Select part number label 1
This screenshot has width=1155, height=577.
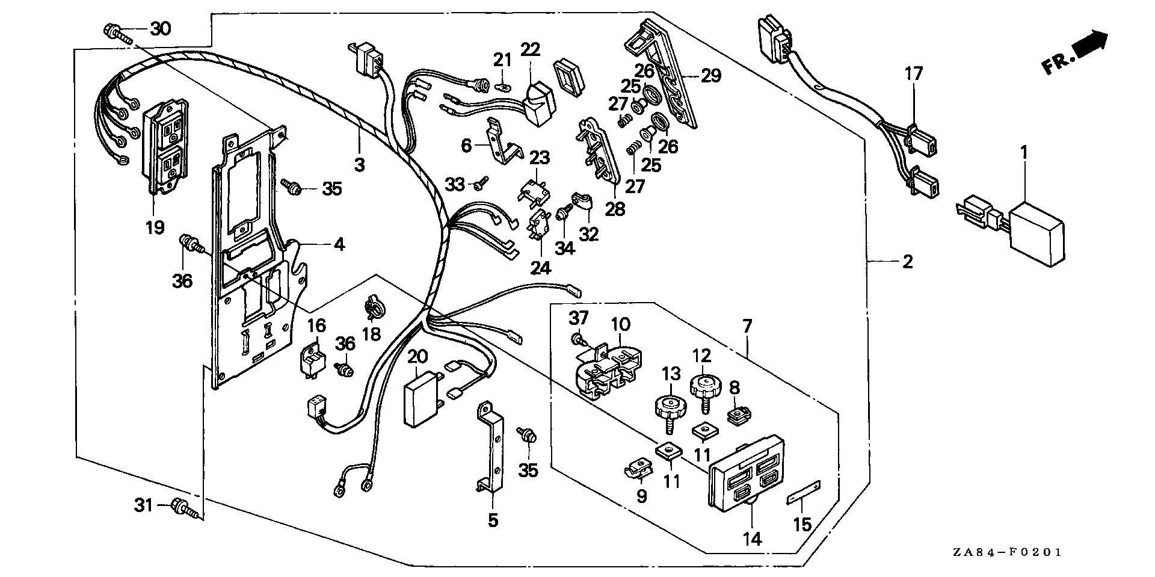[x=1023, y=152]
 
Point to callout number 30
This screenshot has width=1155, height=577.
[x=160, y=28]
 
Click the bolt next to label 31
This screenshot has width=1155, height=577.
[x=182, y=507]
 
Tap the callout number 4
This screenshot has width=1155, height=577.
[x=339, y=244]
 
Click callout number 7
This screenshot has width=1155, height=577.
[x=747, y=327]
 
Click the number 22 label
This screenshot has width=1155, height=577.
[x=531, y=49]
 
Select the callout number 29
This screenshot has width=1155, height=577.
[x=712, y=76]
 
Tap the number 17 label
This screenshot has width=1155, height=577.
[x=913, y=75]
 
